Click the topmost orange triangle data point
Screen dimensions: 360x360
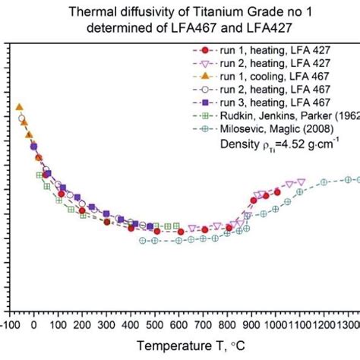tap(19, 107)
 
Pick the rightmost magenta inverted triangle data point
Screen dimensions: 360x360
tap(302, 182)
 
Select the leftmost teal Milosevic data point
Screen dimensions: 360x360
tap(143, 240)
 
